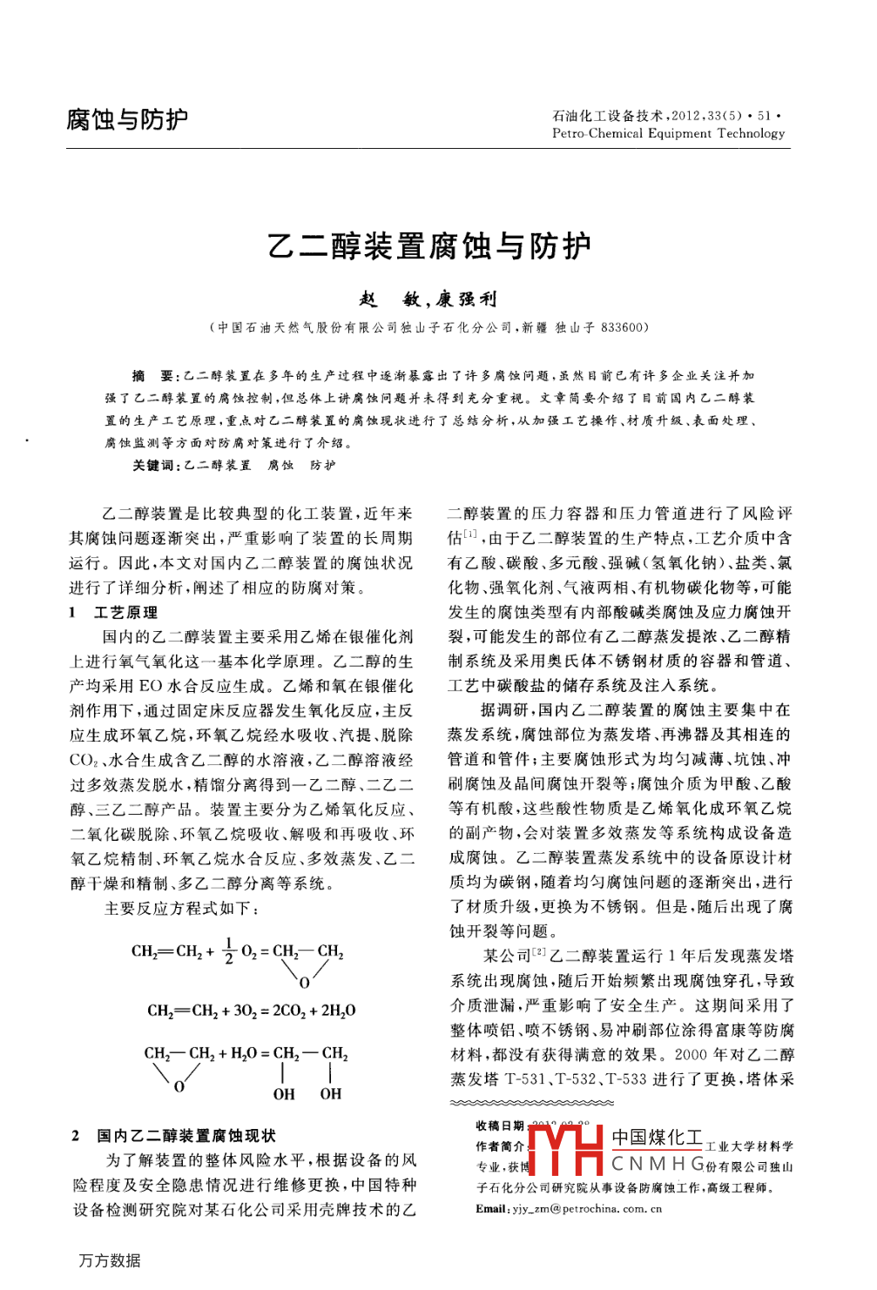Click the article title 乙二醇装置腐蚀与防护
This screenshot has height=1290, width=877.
[429, 247]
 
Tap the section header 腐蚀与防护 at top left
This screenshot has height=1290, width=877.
[127, 119]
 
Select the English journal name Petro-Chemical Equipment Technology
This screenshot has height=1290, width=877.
[668, 134]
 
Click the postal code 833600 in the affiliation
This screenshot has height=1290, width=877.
[623, 328]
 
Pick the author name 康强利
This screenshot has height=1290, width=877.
[467, 300]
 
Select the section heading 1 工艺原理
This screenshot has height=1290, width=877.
[114, 613]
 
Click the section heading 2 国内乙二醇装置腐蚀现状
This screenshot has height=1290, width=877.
[174, 1136]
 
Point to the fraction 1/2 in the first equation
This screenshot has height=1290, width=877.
[229, 951]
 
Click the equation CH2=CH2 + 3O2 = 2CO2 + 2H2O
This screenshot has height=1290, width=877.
[251, 1011]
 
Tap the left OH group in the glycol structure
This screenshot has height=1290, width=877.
[284, 1094]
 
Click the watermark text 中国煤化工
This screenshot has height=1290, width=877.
[657, 1138]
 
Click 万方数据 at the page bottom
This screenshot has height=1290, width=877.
[110, 1260]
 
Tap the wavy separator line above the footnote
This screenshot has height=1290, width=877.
[531, 1104]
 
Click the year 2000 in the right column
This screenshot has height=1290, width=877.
[691, 1055]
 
